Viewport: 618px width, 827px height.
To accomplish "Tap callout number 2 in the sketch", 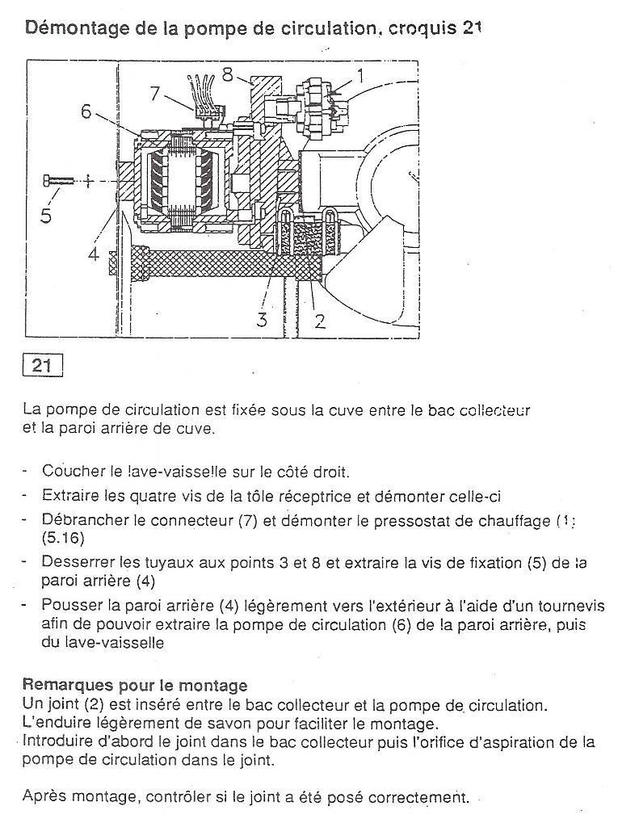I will point(320,321).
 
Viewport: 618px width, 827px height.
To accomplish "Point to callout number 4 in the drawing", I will point(94,254).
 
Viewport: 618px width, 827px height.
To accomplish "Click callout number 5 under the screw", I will point(46,216).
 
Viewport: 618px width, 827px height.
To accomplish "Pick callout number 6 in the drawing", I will point(86,111).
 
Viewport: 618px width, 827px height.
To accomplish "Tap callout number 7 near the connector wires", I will point(156,93).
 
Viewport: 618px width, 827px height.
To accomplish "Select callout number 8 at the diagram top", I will point(228,75).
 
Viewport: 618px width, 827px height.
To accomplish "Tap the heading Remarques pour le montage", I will point(135,686).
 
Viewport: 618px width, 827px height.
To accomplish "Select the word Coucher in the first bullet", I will point(70,471).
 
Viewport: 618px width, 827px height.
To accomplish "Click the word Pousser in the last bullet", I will point(70,606).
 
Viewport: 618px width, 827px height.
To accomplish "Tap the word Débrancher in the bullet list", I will point(81,521).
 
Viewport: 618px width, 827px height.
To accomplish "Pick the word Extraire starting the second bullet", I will point(70,494).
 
